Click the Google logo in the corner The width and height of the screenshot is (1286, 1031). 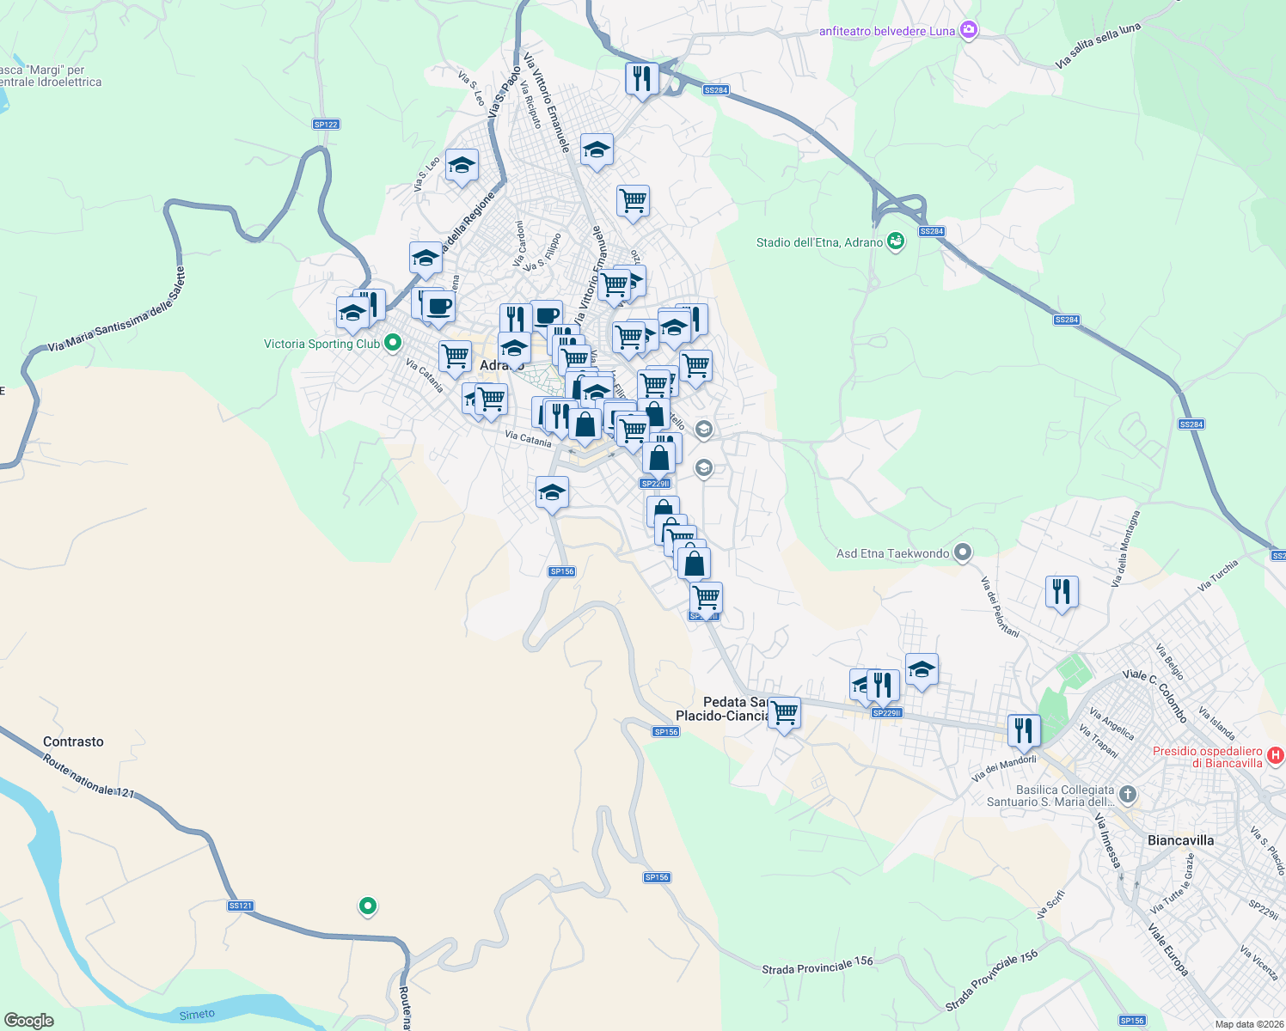29,1020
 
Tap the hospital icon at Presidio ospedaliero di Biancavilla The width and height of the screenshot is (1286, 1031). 1276,756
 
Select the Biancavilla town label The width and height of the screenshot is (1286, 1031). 1180,840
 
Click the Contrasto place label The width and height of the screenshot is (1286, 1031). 73,741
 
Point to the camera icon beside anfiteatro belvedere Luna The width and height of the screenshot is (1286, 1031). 969,31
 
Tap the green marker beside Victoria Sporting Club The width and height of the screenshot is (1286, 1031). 393,344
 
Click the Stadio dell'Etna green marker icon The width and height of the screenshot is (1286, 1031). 896,241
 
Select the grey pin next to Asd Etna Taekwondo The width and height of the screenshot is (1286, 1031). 963,553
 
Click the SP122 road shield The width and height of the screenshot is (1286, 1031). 326,125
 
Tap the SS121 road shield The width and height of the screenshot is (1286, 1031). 241,906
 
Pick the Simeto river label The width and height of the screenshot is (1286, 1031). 197,1015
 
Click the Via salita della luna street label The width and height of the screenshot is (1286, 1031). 1098,46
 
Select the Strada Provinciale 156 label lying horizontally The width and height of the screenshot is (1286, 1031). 818,966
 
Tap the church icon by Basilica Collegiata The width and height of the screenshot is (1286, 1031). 1128,795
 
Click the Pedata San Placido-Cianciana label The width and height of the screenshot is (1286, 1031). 722,709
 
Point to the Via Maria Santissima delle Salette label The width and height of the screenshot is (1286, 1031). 116,310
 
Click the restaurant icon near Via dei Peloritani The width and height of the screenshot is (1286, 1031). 1062,591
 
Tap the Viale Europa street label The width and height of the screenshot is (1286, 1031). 1168,949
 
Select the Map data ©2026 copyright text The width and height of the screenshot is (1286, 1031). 1246,1024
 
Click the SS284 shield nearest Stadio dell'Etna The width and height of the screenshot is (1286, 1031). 931,231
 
